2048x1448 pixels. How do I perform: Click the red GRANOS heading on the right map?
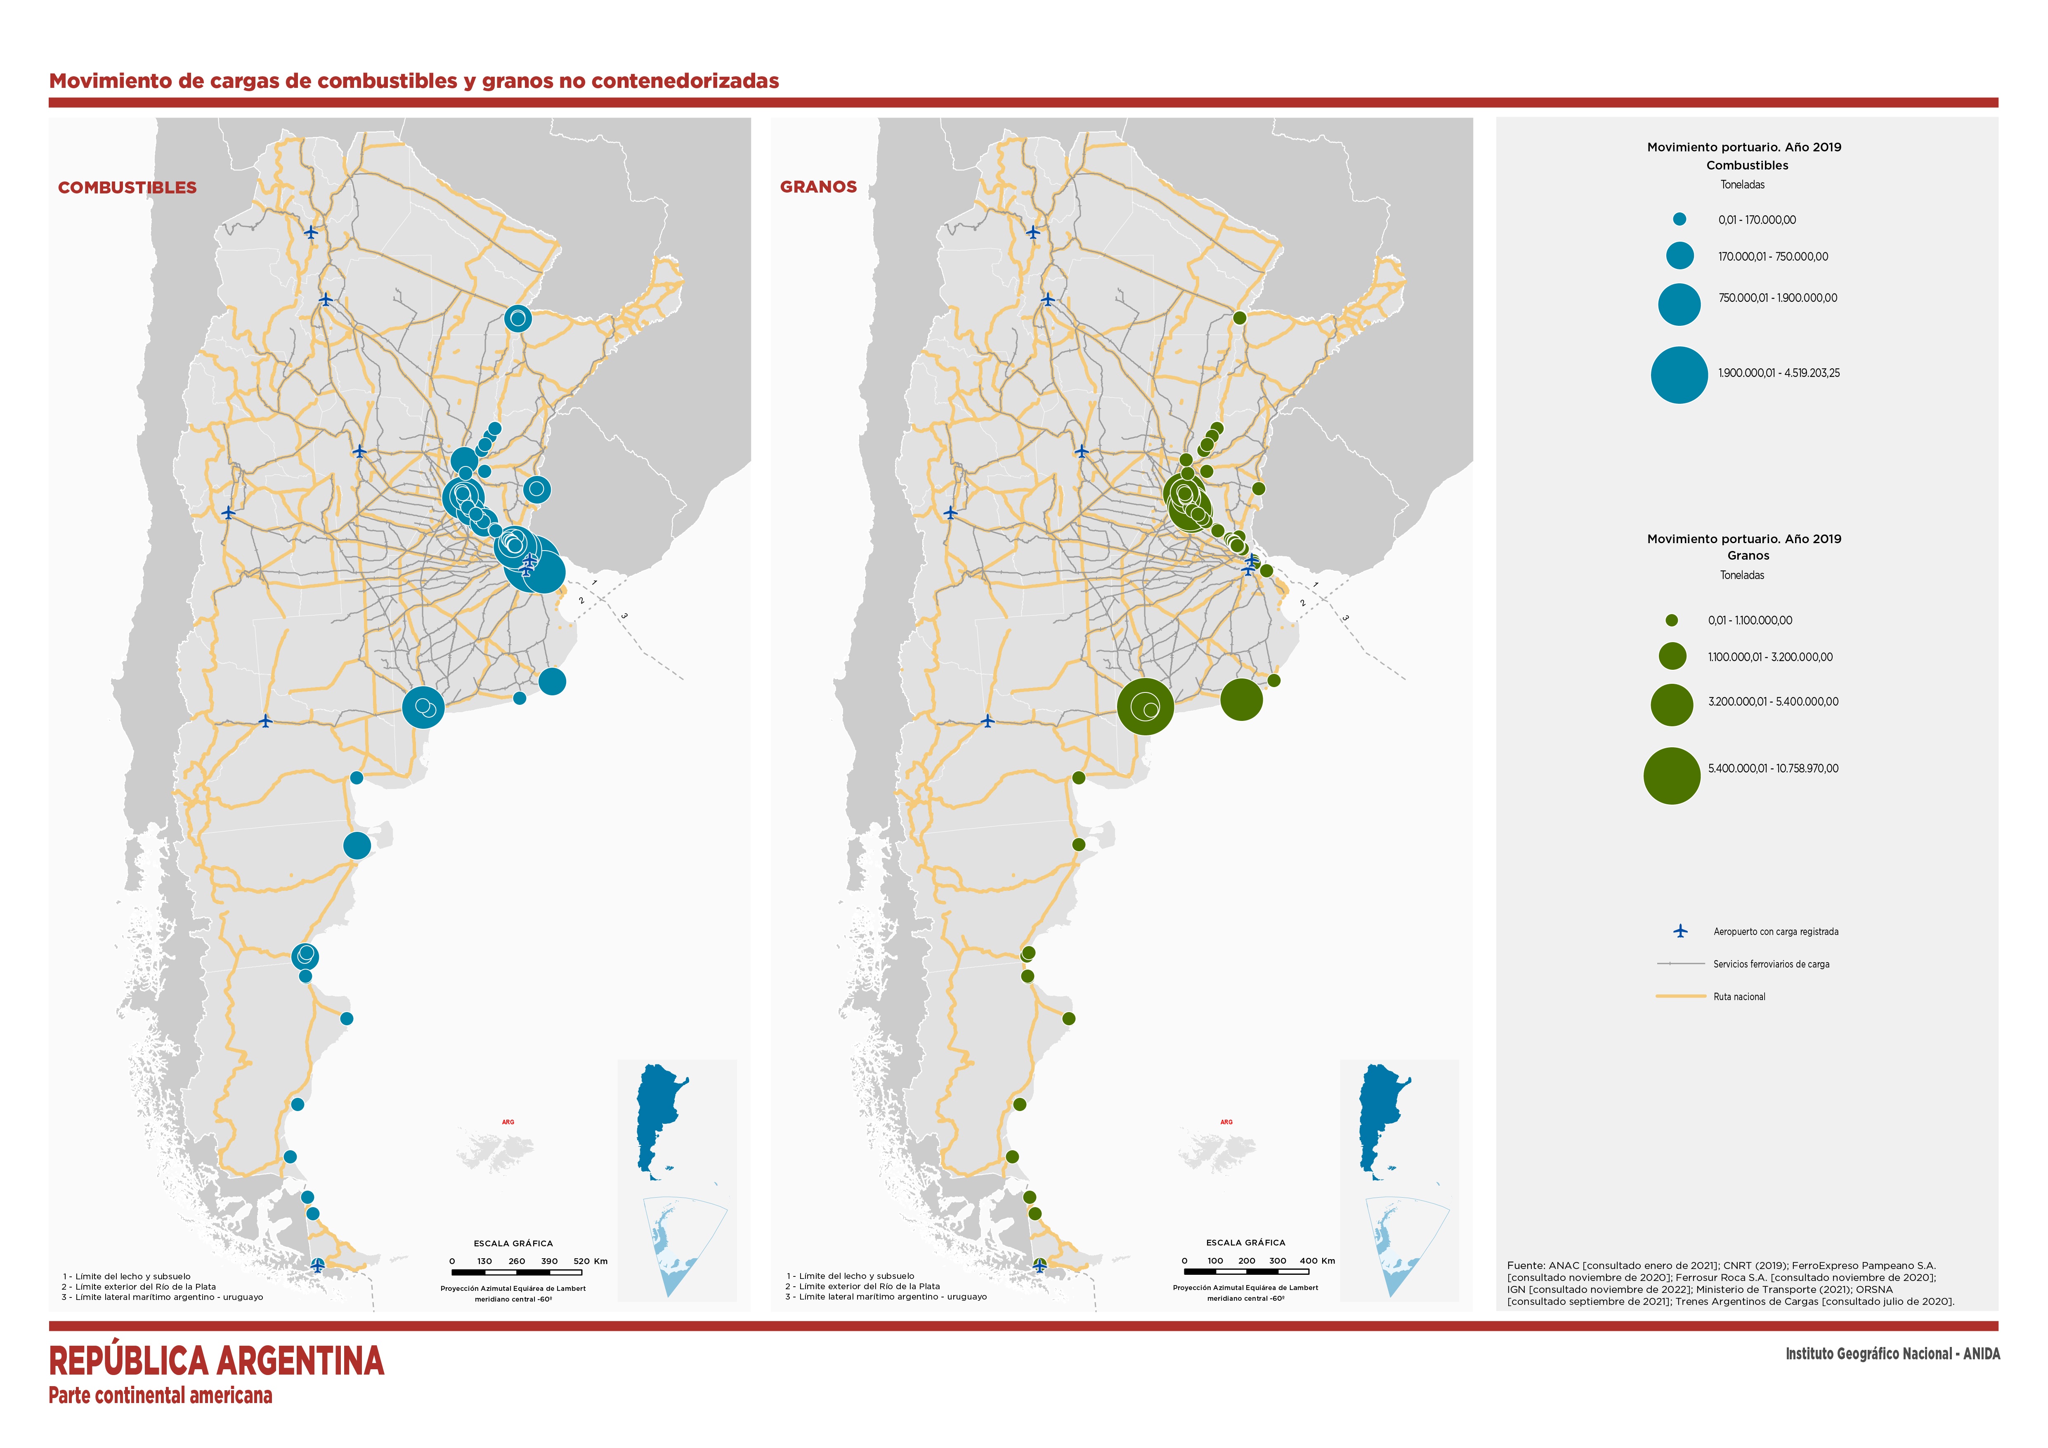(818, 186)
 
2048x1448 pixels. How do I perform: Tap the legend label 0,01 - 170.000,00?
(1756, 219)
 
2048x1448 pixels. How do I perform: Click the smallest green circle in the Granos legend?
(1672, 620)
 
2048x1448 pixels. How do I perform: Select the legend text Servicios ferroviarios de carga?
(1771, 964)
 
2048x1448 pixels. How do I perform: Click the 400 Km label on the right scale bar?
(1316, 1261)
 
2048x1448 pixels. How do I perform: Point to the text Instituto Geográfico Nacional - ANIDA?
(1892, 1354)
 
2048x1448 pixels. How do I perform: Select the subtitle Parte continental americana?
(161, 1395)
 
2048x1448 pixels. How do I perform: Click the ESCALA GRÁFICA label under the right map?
(1245, 1242)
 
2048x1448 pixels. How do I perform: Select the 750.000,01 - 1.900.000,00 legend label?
(1777, 298)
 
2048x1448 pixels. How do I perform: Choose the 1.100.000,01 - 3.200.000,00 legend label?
(1770, 657)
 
